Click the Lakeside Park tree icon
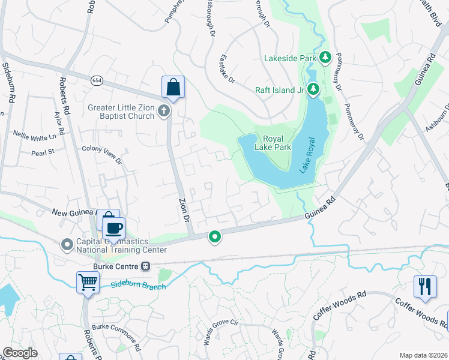[x=325, y=58]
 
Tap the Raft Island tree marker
[x=313, y=90]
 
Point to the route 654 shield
[x=96, y=80]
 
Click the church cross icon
[x=164, y=112]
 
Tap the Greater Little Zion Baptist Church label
[x=121, y=112]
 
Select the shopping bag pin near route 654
[x=173, y=88]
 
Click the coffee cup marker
[x=113, y=228]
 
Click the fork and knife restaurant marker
[x=425, y=287]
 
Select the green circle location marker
[x=214, y=238]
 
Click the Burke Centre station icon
[x=145, y=266]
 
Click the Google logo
[x=20, y=353]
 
